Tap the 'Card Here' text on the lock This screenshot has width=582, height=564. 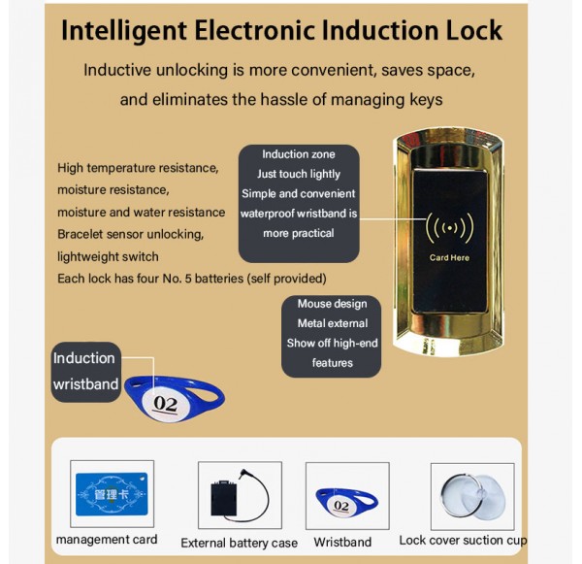449,258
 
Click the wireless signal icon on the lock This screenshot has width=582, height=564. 449,227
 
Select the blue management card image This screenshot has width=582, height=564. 112,494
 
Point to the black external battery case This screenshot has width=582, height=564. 223,498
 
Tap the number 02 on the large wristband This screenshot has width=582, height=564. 166,404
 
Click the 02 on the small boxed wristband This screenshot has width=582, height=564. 341,506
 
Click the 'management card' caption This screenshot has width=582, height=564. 107,539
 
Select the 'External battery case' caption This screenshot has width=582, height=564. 239,543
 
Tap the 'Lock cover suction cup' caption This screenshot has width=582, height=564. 463,541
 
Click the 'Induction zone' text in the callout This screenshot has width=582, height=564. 299,154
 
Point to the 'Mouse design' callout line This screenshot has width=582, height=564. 332,304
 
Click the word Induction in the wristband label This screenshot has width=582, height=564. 83,358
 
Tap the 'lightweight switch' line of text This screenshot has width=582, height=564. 108,256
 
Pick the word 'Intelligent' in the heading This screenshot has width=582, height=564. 123,31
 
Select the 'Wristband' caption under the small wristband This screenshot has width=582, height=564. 342,542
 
